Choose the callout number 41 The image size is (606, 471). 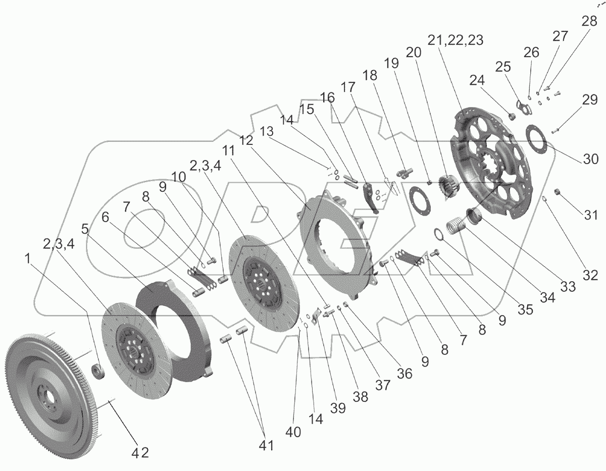tap(266, 445)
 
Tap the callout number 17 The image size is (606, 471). tap(347, 87)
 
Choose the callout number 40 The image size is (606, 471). tap(293, 432)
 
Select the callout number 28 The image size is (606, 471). tap(588, 21)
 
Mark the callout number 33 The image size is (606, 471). tap(569, 286)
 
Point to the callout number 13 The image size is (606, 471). tap(268, 131)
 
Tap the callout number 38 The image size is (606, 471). tap(360, 396)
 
